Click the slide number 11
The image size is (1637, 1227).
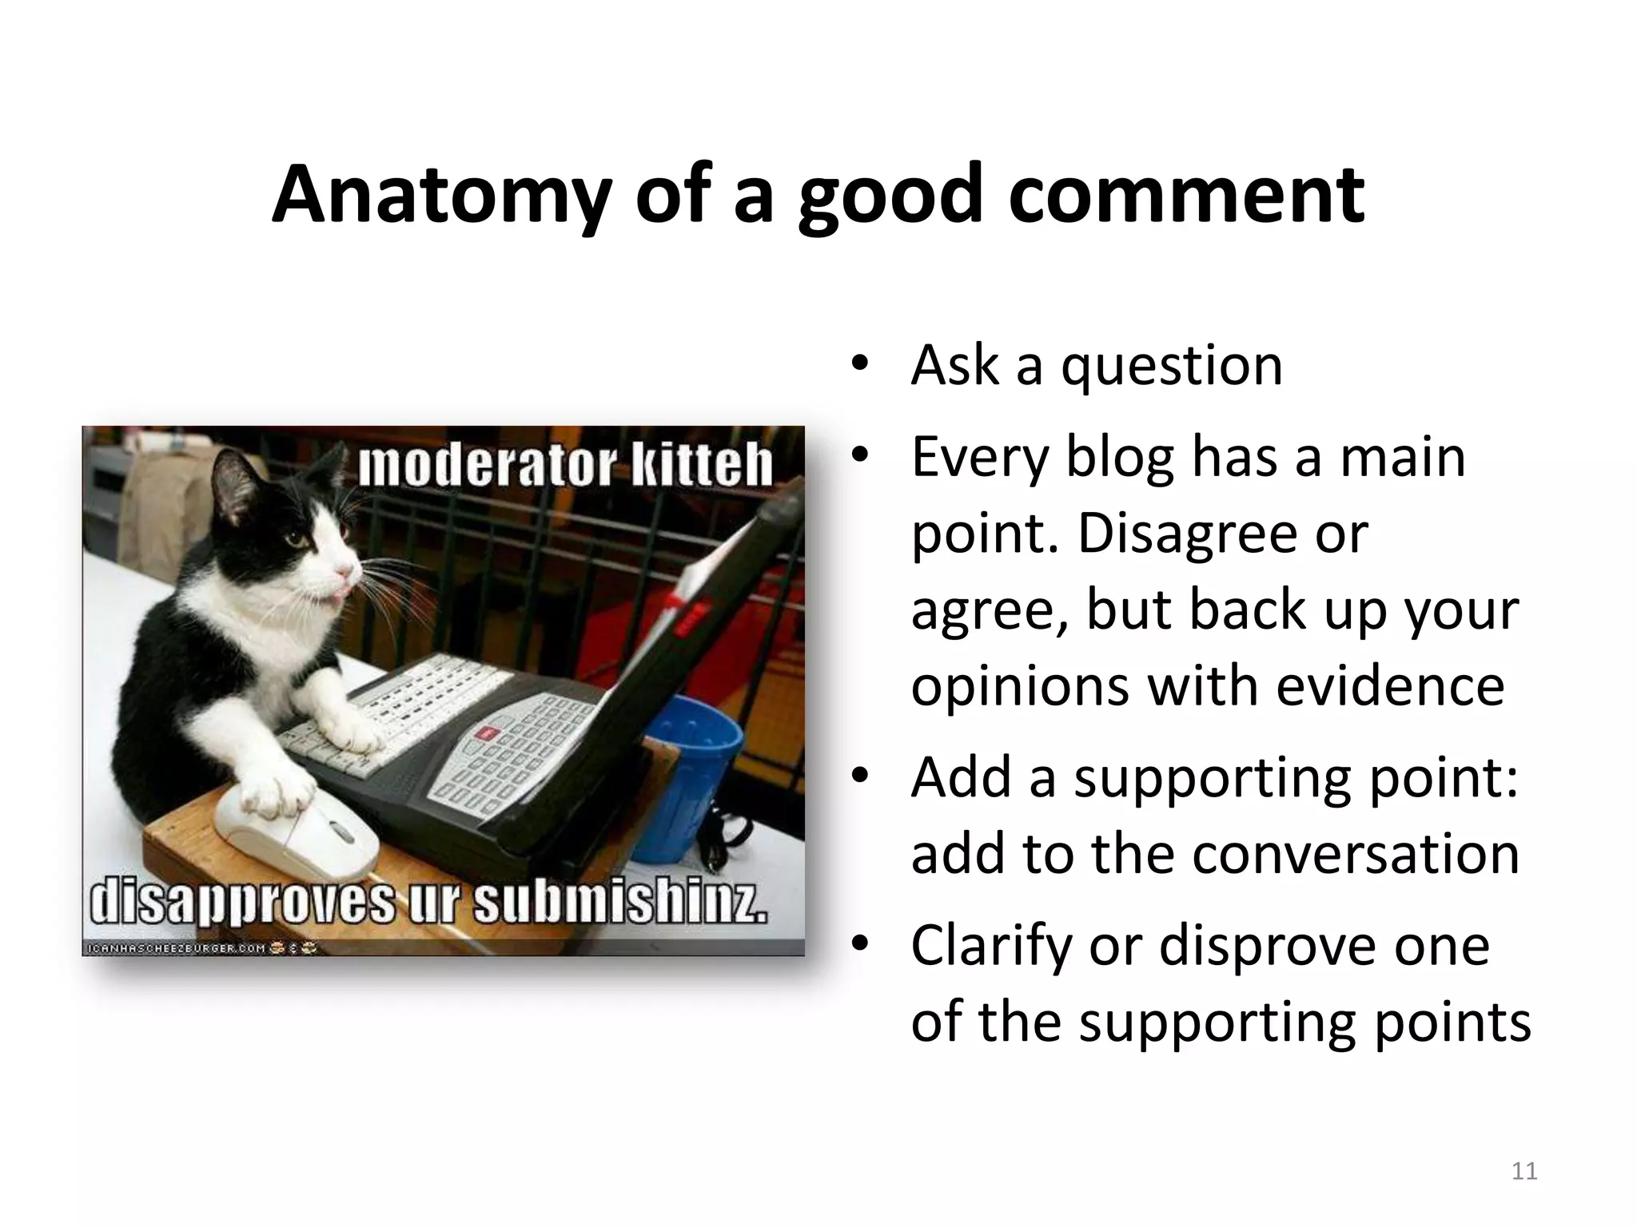(x=1524, y=1171)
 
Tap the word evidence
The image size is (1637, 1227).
(x=1390, y=686)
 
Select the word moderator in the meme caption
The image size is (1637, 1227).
(x=487, y=467)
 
